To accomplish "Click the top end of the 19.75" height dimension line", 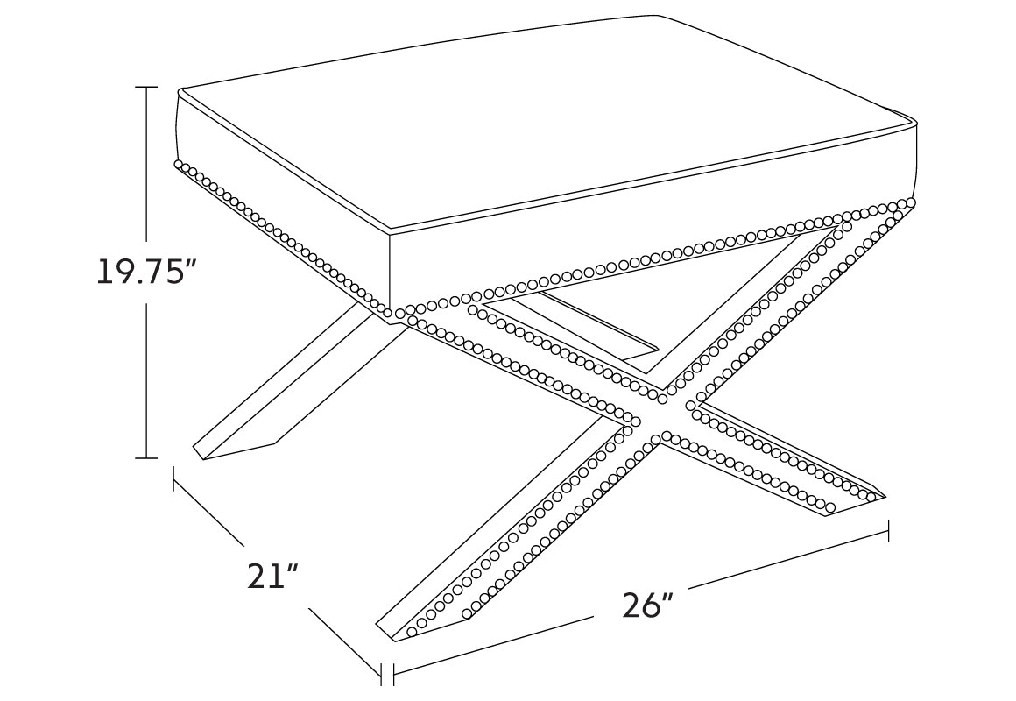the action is (x=147, y=87).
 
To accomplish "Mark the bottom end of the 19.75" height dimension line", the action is (x=147, y=457).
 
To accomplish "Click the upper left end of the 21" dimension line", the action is (x=173, y=478).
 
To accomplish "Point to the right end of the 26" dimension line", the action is (x=888, y=530).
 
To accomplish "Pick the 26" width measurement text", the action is (x=648, y=605).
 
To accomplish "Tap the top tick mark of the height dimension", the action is (x=147, y=87).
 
